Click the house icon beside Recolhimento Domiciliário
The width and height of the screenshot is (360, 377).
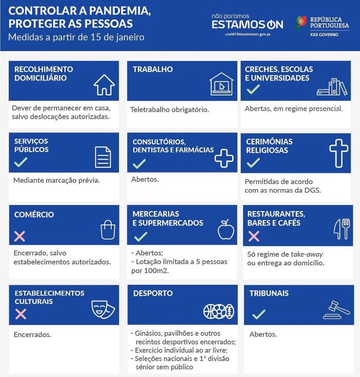click(x=104, y=85)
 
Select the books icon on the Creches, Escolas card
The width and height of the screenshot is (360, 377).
click(x=332, y=86)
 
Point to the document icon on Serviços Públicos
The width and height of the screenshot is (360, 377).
click(x=103, y=157)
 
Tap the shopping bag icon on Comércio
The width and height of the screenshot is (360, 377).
click(x=108, y=229)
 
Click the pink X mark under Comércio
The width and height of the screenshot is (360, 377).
click(x=20, y=236)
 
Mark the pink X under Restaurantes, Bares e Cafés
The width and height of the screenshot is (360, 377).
click(x=253, y=236)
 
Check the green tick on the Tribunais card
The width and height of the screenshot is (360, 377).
click(x=258, y=315)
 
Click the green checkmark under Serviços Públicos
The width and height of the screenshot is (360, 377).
click(x=20, y=162)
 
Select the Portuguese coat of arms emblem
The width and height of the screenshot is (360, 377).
click(x=301, y=23)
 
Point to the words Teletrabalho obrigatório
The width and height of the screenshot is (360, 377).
click(x=169, y=109)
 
